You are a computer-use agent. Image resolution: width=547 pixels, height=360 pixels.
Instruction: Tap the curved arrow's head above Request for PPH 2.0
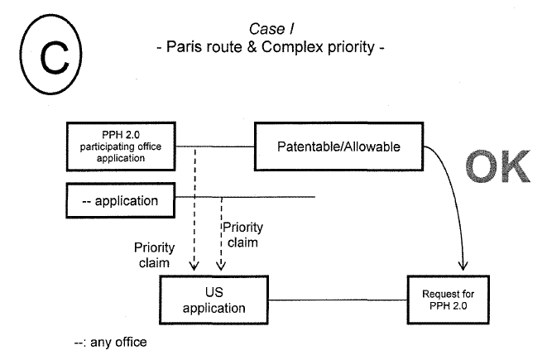464,266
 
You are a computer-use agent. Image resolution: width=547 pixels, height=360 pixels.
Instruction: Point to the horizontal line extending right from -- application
248,197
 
